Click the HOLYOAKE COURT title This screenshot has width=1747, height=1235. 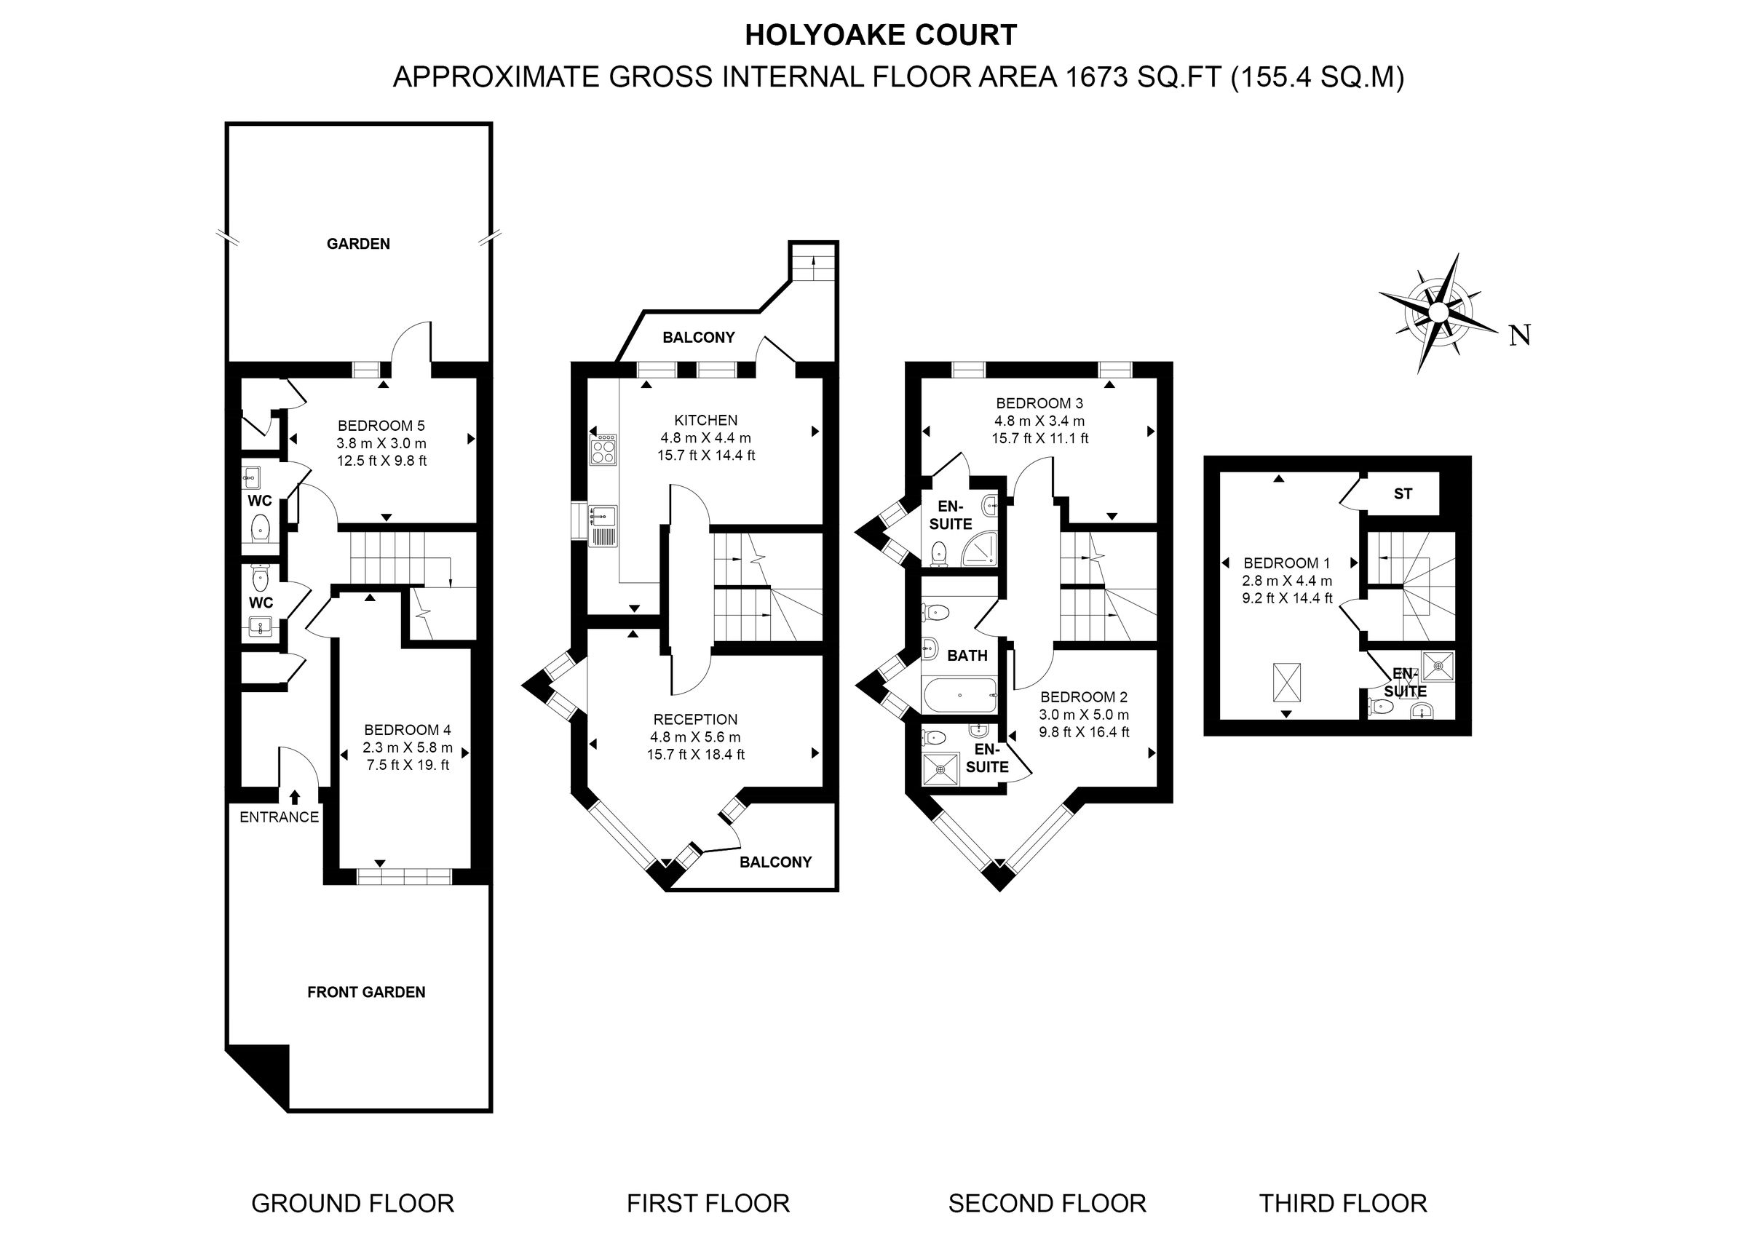(x=880, y=36)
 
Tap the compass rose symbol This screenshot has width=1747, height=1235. (x=1438, y=313)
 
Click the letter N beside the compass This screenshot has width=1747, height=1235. (x=1519, y=335)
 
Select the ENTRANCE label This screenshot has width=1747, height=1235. (x=279, y=817)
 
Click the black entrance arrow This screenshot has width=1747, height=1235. (x=295, y=796)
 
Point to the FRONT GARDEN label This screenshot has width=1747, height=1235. (x=366, y=992)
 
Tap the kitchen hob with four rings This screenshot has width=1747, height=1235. (x=603, y=450)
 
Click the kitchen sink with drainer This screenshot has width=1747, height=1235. (x=602, y=525)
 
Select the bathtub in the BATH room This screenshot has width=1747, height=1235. (x=959, y=696)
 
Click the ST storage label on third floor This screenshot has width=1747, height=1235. (x=1402, y=494)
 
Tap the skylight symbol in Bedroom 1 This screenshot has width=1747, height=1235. (x=1287, y=682)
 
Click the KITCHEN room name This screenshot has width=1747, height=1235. (x=705, y=420)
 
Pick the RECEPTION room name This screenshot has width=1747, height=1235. (x=695, y=719)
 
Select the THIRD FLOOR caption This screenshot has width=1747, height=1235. (x=1342, y=1204)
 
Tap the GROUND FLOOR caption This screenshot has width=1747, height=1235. (x=352, y=1204)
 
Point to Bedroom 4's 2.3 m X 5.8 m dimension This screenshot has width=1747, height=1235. (x=408, y=747)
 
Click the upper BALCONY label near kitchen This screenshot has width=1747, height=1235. (x=699, y=337)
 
